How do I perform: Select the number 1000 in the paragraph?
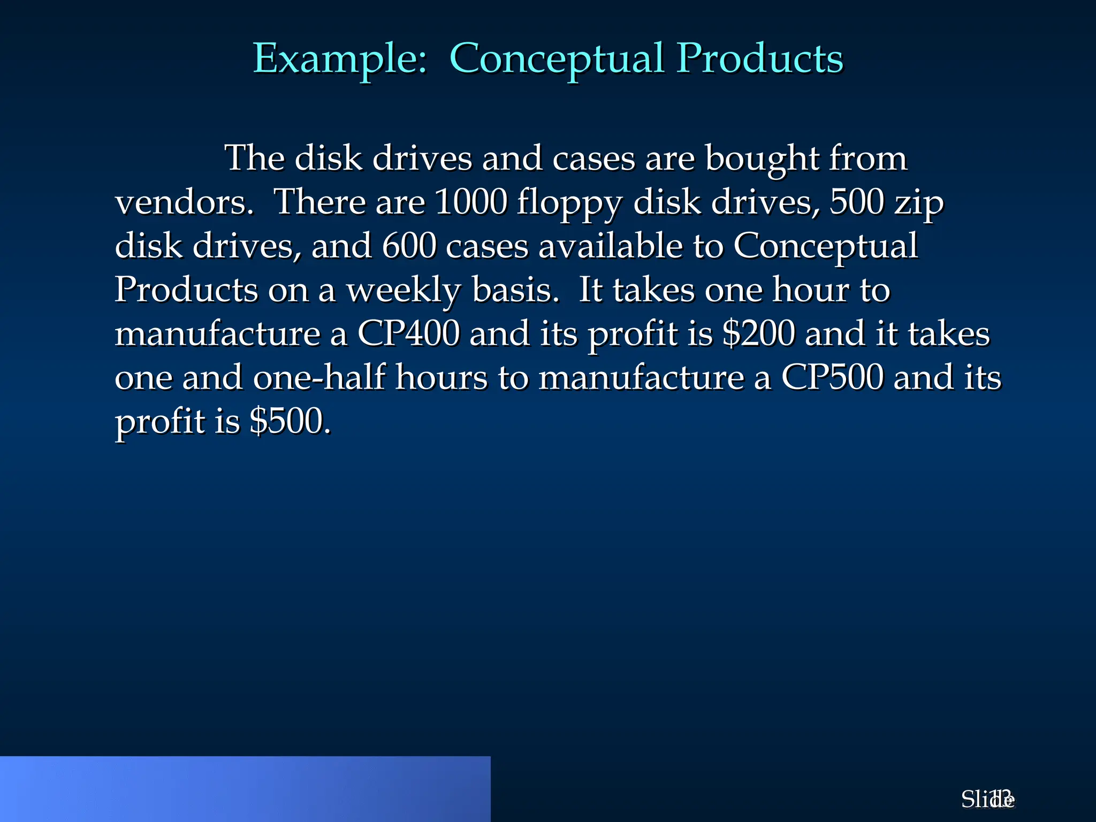470,202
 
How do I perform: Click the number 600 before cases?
409,246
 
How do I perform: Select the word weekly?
404,291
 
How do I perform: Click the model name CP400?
408,334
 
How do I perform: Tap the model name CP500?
832,378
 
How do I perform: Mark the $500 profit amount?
289,422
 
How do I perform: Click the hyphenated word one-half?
319,378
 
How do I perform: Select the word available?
610,246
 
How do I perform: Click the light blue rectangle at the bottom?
245,789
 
